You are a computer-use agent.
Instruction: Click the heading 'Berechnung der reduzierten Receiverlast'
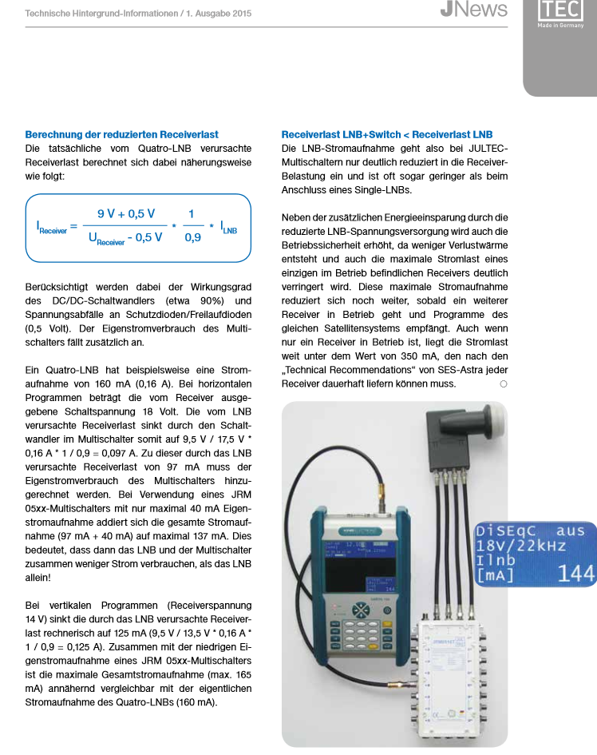click(121, 134)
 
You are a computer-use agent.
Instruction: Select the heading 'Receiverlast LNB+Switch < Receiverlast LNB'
click(387, 134)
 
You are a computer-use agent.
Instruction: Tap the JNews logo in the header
click(473, 10)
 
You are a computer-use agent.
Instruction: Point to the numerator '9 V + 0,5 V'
click(126, 214)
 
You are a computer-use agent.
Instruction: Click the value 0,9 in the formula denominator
click(192, 237)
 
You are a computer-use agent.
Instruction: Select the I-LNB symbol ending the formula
click(228, 227)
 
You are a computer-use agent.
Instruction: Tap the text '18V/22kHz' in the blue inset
click(520, 546)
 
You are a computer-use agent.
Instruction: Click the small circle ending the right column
click(504, 384)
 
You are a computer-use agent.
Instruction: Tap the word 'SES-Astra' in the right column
click(465, 370)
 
